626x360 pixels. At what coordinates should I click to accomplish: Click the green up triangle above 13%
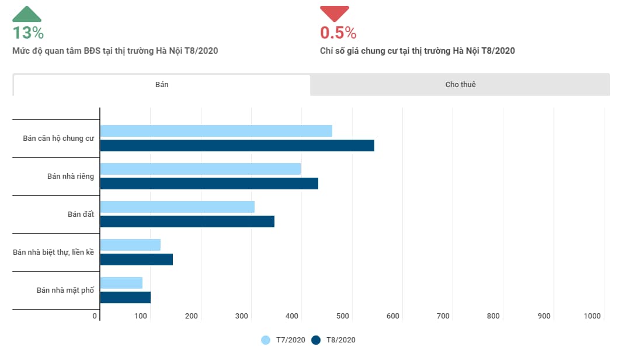27,15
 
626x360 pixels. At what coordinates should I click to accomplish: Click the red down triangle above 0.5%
334,13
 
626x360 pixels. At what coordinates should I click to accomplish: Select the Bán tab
162,85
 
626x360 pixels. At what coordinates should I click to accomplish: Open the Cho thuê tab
460,85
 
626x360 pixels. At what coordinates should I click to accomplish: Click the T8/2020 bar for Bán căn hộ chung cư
237,146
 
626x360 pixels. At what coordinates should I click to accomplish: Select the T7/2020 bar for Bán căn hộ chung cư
216,131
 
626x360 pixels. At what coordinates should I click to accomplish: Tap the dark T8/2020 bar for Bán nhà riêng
209,184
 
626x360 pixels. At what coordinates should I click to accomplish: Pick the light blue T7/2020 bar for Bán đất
178,207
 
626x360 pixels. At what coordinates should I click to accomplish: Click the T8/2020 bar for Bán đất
187,221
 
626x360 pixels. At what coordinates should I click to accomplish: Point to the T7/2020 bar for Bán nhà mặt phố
121,283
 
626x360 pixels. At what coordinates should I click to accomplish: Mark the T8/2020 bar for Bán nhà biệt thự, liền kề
137,259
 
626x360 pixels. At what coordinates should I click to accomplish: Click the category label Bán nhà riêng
71,176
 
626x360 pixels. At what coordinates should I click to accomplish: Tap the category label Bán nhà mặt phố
65,290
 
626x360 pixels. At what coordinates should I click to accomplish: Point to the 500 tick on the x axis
343,316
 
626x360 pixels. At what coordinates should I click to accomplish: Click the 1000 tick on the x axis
592,316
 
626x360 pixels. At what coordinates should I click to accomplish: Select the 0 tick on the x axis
95,316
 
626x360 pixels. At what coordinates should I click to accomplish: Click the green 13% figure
28,33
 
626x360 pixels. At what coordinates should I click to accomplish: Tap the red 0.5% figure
338,33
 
